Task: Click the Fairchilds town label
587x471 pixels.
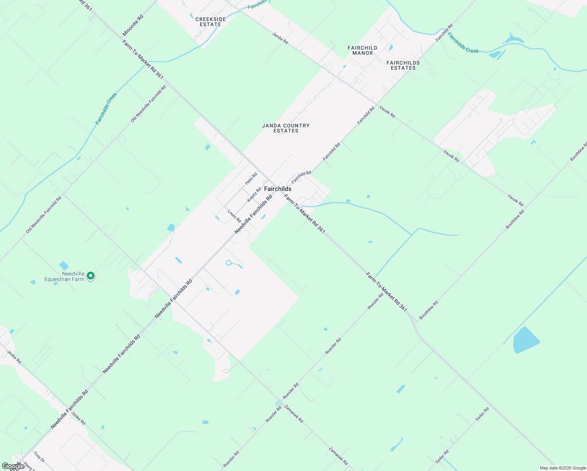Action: tap(277, 189)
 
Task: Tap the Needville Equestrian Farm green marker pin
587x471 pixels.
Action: tap(91, 276)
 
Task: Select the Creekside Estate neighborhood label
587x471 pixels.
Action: tap(210, 22)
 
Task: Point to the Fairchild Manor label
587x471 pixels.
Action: tap(362, 50)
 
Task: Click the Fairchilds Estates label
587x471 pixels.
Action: tap(403, 65)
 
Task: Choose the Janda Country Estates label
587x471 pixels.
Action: tap(286, 128)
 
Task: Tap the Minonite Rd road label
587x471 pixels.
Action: tap(133, 26)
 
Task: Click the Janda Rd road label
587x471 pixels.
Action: tap(280, 38)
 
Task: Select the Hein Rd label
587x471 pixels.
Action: tap(251, 179)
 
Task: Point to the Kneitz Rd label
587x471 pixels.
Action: tap(254, 195)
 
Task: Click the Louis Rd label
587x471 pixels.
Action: tap(234, 216)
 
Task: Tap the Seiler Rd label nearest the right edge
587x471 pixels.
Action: tap(482, 414)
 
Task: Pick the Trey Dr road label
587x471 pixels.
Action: tap(39, 457)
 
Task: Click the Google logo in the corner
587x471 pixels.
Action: tap(13, 466)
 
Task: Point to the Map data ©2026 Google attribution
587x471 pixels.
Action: tap(562, 468)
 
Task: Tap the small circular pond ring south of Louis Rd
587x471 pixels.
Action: tap(229, 263)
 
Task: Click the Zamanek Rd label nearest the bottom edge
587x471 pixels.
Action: tap(338, 456)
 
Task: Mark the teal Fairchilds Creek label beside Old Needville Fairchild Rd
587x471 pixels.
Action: tap(106, 108)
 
